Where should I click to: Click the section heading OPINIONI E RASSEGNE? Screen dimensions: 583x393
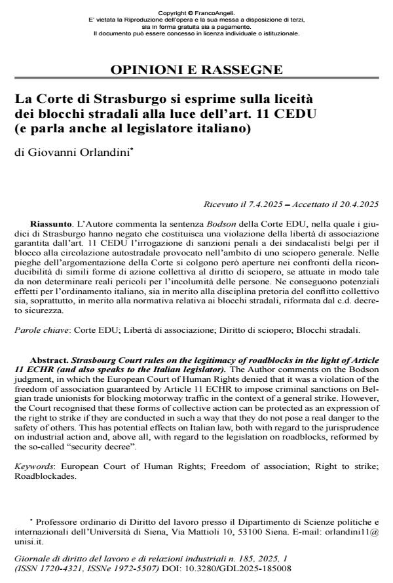point(196,70)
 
